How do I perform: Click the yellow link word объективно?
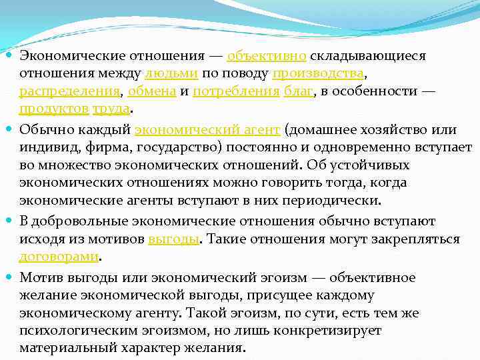pos(267,55)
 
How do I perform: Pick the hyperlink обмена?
pos(151,91)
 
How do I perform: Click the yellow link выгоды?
pos(173,239)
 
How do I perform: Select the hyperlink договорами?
pos(59,257)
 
